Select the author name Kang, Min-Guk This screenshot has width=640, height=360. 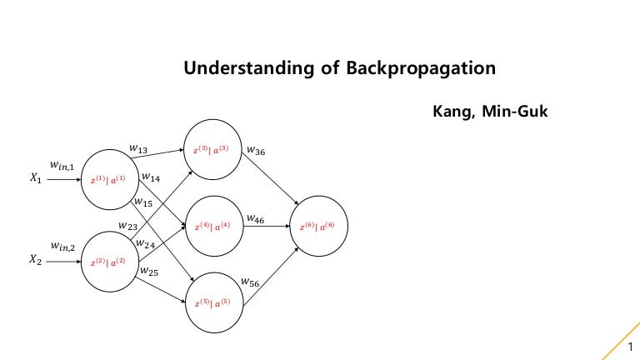pos(489,111)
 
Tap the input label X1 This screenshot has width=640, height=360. pos(35,178)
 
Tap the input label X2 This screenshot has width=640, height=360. pos(35,260)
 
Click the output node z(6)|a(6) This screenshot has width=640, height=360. pos(317,226)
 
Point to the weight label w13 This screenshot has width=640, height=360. pos(138,148)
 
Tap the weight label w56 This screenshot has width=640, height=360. pos(250,283)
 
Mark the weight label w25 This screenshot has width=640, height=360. pos(149,271)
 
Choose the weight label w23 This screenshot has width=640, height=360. pos(128,225)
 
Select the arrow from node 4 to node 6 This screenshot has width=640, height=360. pos(266,226)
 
